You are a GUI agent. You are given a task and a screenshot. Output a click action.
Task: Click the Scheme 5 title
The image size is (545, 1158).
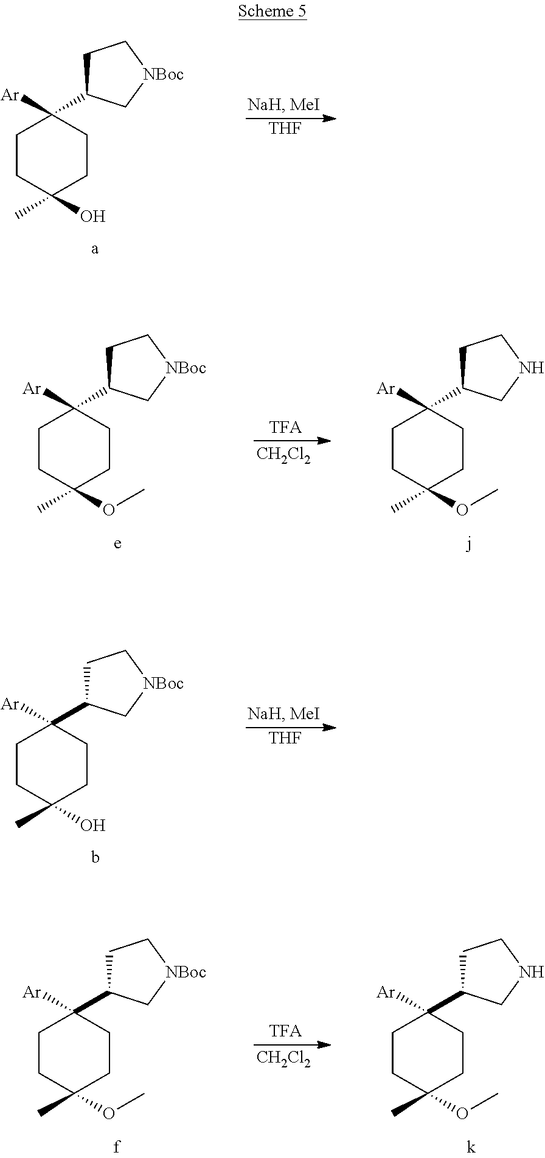click(272, 11)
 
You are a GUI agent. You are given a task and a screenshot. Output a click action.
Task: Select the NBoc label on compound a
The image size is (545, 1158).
click(162, 74)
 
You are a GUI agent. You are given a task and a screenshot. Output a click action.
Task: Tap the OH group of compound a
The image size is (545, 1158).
click(92, 216)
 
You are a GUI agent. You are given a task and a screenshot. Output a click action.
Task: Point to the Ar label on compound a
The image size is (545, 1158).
click(10, 95)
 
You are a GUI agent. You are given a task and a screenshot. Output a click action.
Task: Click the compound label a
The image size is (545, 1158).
click(94, 249)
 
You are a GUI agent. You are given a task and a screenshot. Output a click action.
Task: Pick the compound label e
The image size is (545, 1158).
click(117, 543)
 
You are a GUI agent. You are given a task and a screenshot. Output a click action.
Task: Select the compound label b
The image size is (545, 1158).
click(95, 857)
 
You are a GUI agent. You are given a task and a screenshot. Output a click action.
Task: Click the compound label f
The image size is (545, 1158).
click(117, 1147)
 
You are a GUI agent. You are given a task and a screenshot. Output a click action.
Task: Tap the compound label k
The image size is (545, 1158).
click(471, 1147)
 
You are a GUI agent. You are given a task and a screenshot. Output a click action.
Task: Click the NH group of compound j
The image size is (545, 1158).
click(532, 368)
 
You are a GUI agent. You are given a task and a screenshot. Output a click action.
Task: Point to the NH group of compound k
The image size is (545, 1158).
click(532, 973)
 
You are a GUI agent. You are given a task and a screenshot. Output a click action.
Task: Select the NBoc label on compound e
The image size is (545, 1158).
click(186, 368)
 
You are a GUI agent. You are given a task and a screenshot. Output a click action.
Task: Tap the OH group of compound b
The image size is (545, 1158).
click(92, 825)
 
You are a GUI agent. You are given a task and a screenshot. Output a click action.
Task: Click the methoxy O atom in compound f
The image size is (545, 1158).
click(108, 1114)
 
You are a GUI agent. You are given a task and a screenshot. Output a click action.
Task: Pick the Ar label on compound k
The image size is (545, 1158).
click(386, 993)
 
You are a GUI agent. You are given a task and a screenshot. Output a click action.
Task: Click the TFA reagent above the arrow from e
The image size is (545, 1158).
click(285, 427)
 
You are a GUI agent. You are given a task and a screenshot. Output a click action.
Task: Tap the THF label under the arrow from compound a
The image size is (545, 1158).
click(285, 129)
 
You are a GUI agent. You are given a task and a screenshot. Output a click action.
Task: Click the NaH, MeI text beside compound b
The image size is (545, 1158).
click(283, 714)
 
